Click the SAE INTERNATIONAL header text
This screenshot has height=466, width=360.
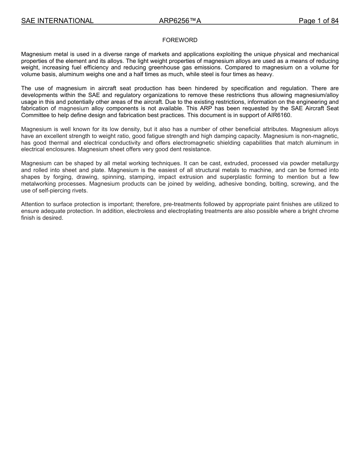click(x=57, y=21)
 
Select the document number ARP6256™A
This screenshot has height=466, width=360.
click(x=180, y=21)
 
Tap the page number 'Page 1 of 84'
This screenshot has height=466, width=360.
click(x=318, y=21)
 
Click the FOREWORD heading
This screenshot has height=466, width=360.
click(x=180, y=40)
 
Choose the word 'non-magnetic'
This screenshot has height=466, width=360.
click(x=321, y=136)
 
